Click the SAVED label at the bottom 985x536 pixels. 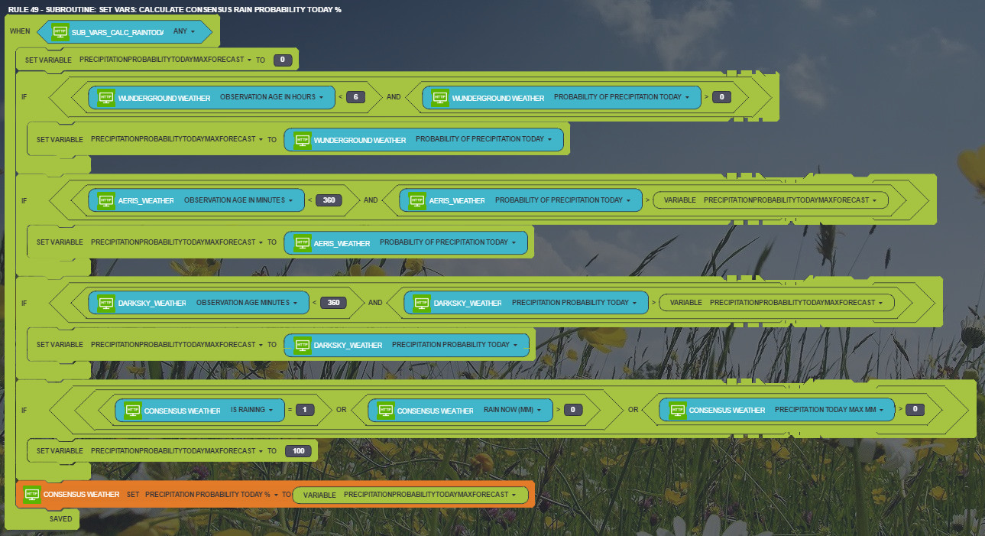pos(61,519)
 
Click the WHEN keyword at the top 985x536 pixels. pos(20,32)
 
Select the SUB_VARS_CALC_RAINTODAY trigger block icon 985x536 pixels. pos(60,32)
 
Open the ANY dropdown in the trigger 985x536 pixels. pos(184,32)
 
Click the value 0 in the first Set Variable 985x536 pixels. pos(283,60)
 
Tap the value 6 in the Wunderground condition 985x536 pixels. pos(356,97)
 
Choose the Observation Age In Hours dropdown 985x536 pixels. pos(272,97)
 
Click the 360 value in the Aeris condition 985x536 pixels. pos(329,200)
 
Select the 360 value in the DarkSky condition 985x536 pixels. pos(334,303)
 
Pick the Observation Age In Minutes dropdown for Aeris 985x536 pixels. pos(238,200)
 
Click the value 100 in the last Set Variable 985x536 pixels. pos(299,451)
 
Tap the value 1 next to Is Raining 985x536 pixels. pos(305,410)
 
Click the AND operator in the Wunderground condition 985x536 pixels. pos(394,97)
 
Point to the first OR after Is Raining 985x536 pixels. pos(341,410)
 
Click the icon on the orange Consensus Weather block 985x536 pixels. pos(31,495)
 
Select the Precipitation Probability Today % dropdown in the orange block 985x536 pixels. pos(212,495)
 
